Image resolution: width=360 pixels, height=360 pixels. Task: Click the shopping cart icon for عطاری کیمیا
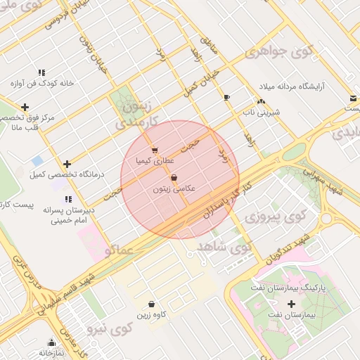(155, 150)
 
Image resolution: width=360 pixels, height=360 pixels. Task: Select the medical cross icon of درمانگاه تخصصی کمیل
(67, 163)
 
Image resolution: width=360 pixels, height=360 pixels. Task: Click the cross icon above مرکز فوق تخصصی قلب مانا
(25, 108)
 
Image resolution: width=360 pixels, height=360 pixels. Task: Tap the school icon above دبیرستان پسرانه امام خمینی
(67, 200)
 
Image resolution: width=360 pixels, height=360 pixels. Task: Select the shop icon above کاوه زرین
(151, 304)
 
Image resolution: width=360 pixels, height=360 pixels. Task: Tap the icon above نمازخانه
(51, 342)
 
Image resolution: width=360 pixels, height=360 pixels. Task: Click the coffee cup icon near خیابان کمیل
(226, 97)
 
